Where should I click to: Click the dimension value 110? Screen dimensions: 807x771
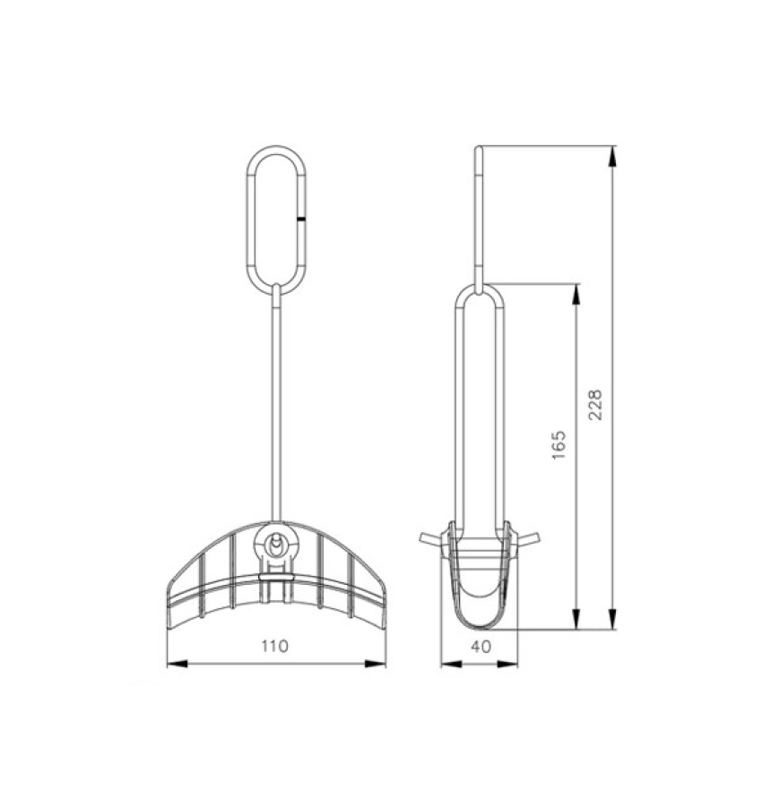pos(276,646)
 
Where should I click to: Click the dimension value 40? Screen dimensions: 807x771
pos(480,646)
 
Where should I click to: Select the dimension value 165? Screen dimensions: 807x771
pos(560,445)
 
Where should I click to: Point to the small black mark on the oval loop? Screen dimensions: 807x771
pos(303,217)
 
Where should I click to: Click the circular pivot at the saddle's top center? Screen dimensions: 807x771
pos(277,543)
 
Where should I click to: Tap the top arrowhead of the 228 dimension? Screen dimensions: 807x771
pos(613,155)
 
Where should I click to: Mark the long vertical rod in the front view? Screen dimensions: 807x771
pos(277,403)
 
